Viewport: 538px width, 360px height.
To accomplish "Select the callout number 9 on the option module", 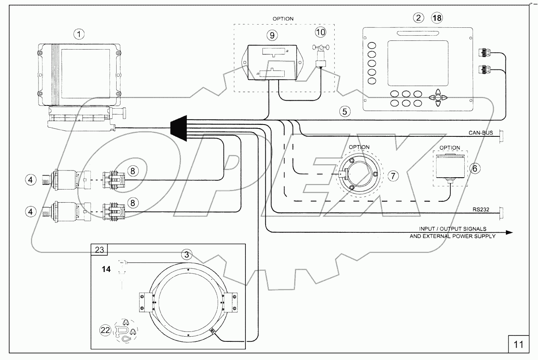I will point(272,35).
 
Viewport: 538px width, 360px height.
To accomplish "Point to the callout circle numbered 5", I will point(345,111).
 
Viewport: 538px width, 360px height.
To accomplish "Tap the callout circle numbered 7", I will point(392,176).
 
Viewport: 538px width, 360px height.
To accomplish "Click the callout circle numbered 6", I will point(476,168).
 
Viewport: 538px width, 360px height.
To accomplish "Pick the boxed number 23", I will point(99,250).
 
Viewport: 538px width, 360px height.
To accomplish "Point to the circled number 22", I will point(105,331).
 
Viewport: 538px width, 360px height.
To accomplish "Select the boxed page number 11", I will point(519,344).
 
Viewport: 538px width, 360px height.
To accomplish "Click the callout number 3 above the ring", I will point(187,253).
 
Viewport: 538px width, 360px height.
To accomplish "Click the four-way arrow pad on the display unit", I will point(437,98).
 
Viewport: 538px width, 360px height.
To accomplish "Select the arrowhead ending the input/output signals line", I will point(509,232).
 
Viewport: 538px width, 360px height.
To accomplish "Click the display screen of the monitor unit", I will point(419,63).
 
